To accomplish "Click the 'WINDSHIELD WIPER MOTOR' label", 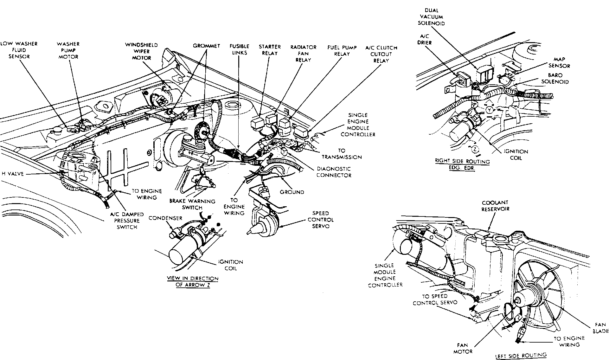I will [141, 51].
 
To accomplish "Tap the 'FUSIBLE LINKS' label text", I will [239, 49].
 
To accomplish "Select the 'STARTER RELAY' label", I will [269, 50].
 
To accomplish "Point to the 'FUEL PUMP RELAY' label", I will [342, 50].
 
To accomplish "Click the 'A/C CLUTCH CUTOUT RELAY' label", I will [381, 54].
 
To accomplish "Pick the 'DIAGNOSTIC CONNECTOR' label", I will [334, 172].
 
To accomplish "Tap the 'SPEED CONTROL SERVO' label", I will [320, 220].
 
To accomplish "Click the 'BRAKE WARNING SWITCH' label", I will [192, 204].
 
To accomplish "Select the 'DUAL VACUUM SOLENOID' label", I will [431, 17].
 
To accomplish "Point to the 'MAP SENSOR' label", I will [561, 63].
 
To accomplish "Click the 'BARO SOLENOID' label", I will [555, 79].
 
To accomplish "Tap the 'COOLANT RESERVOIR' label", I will [495, 206].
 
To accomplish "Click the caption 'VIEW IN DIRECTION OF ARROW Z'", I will [193, 281].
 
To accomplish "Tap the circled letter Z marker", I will [475, 149].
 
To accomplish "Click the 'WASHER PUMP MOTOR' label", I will [68, 50].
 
